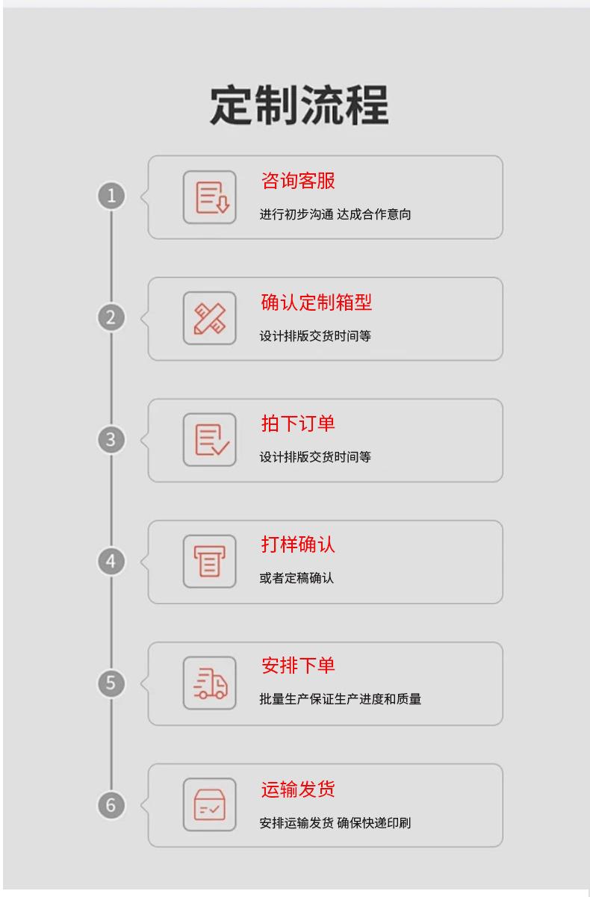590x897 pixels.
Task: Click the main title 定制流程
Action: point(299,105)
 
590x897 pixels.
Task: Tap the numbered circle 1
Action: point(112,196)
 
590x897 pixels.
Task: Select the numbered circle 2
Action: point(112,318)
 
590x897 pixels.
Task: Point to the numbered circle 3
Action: point(112,440)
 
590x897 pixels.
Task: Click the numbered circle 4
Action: point(112,562)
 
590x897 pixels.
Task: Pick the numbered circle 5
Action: point(112,683)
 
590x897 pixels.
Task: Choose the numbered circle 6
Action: point(112,805)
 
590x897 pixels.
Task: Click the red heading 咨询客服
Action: point(298,181)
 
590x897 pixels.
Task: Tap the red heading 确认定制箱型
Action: point(316,302)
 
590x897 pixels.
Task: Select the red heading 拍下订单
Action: point(298,423)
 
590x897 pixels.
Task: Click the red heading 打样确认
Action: point(298,545)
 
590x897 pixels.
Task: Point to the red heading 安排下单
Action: point(298,665)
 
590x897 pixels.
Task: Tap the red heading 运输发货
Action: point(298,789)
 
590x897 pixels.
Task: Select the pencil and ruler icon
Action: point(210,318)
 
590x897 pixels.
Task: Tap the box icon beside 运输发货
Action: point(210,805)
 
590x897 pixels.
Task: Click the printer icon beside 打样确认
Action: point(210,562)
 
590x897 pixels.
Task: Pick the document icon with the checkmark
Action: point(210,440)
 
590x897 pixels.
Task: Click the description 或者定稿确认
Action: point(296,578)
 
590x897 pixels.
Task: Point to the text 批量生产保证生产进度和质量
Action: point(341,699)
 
